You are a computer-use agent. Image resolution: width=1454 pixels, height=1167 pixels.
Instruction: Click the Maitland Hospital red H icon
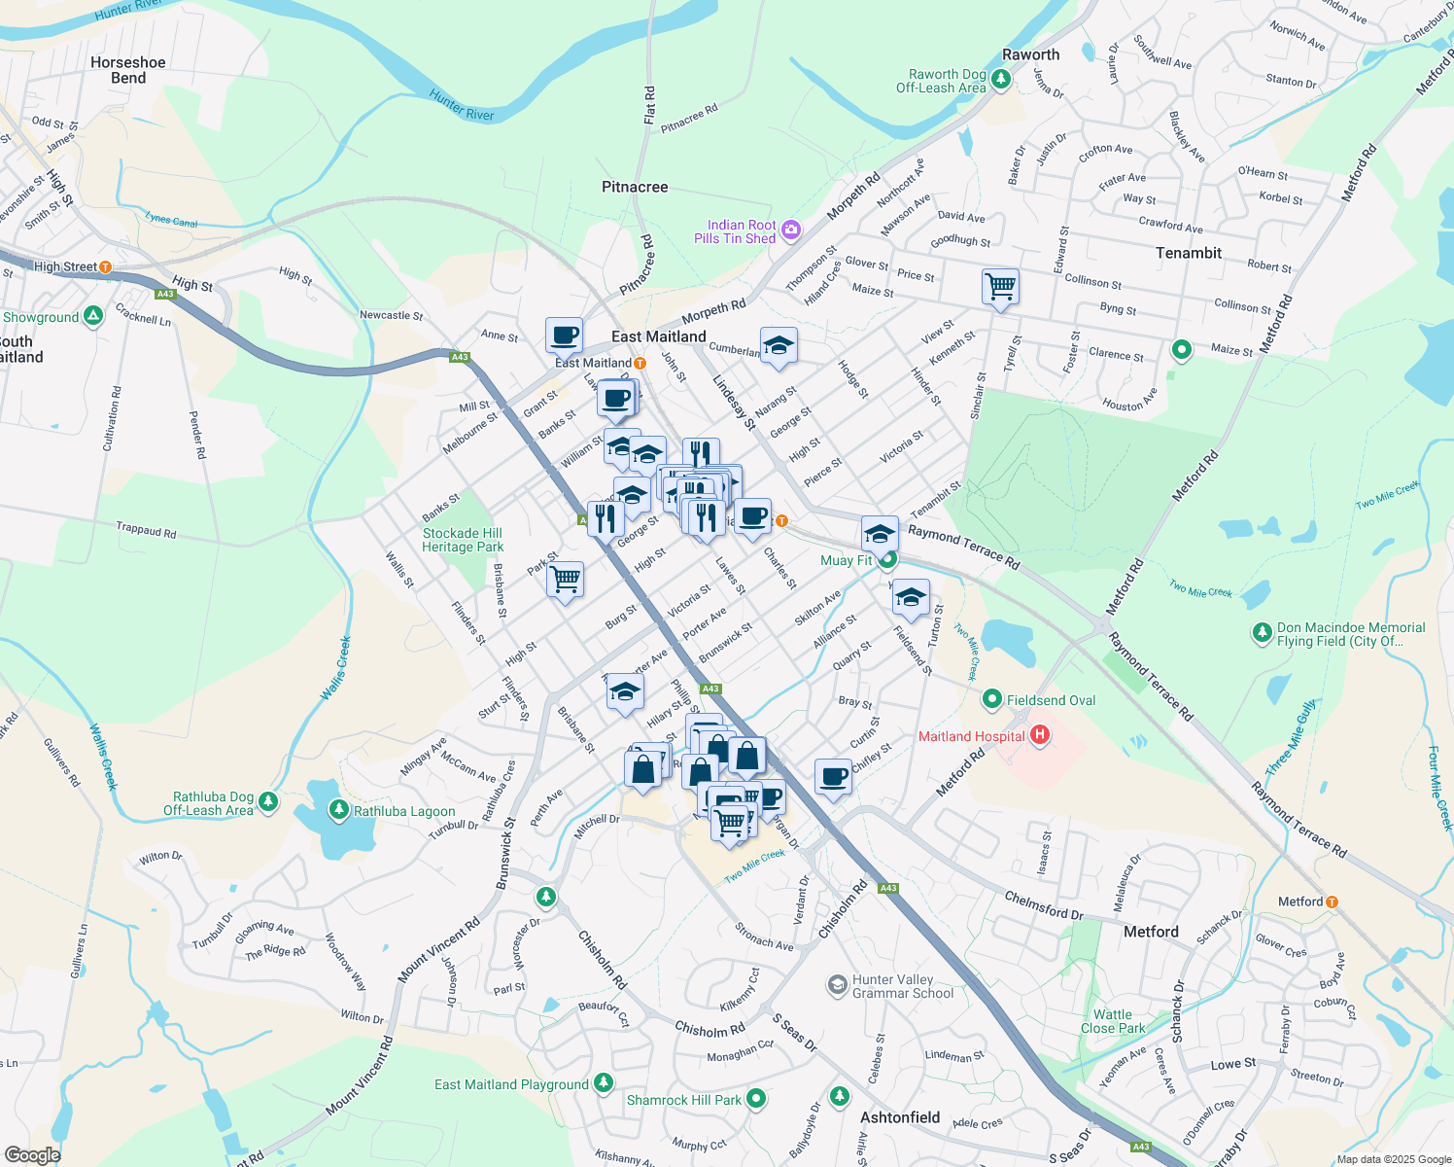coord(1040,735)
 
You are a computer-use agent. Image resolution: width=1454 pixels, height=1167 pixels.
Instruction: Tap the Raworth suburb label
coord(1030,54)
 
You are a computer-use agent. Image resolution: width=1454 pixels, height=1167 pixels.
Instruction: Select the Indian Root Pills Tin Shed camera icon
coord(791,230)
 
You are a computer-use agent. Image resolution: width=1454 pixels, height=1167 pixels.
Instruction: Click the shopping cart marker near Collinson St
coord(1000,287)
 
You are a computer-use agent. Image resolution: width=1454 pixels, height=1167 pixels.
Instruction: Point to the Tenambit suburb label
coord(1189,253)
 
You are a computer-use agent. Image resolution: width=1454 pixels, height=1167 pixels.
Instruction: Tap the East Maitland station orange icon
coord(640,363)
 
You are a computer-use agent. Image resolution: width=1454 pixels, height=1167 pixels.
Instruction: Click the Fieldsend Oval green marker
coord(992,698)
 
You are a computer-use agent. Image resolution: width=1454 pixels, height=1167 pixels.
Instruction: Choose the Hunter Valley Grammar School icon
coord(837,986)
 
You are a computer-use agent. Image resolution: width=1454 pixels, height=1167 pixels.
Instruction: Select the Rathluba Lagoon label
coord(404,811)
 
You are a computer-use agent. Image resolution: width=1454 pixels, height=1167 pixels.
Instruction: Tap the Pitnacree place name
coord(635,187)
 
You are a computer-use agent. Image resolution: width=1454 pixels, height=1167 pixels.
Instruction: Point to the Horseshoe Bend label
coord(128,70)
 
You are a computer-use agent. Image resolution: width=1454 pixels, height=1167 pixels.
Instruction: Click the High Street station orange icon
coord(105,266)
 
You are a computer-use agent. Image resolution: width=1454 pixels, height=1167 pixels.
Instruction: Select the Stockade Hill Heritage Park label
coord(463,540)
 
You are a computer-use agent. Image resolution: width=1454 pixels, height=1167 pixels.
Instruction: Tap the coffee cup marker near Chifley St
coord(833,777)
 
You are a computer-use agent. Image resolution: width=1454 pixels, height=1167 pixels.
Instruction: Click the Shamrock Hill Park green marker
coord(756,1099)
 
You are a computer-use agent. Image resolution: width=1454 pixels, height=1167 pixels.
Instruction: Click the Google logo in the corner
coord(32,1154)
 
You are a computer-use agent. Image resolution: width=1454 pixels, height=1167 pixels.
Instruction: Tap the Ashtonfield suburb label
coord(900,1117)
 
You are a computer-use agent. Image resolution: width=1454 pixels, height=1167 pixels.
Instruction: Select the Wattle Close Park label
coord(1112,1021)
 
